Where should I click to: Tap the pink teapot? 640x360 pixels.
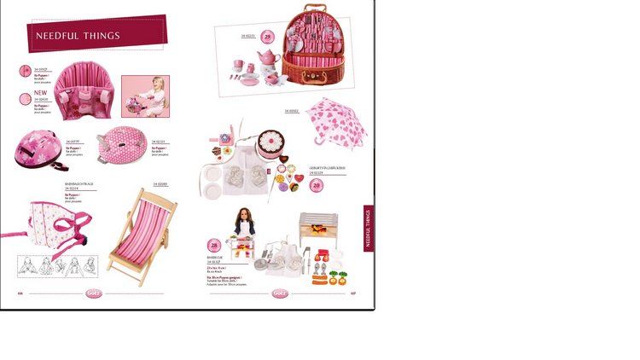pos(269,58)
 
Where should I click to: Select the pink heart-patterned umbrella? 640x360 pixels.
pos(336,121)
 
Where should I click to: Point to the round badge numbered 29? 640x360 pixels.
pos(267,37)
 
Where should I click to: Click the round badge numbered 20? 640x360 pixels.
pos(315,185)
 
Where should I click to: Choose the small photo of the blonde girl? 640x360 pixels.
pos(145,96)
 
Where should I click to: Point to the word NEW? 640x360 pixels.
pos(40,93)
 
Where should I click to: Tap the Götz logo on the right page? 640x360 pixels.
pos(280,293)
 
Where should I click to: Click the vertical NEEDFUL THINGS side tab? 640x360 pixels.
pos(368,228)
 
